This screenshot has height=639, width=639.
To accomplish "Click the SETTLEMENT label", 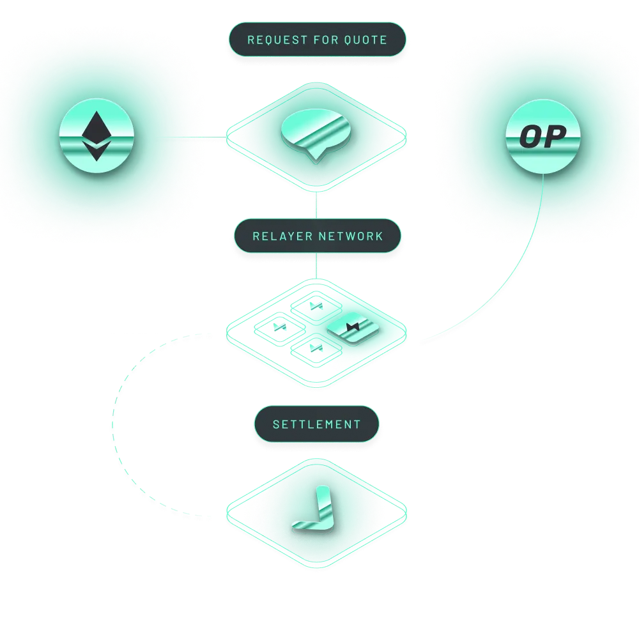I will (x=317, y=424).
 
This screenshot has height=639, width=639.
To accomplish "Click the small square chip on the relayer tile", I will (x=352, y=328).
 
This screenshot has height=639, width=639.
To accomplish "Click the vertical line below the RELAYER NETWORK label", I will (x=317, y=266).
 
